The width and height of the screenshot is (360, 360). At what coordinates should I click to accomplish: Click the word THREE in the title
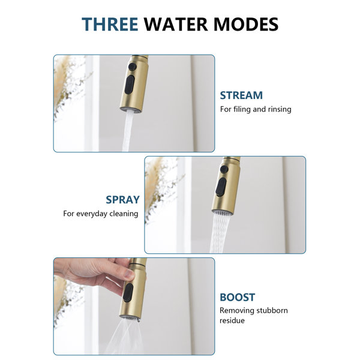coord(110,24)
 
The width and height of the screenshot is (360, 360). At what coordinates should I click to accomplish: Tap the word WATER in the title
coord(176,24)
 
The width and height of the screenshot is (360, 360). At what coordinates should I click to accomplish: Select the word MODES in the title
coord(246,24)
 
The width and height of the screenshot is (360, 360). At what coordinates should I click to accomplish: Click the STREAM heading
coord(241,95)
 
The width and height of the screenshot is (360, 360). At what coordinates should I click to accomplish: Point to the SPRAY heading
coord(122,200)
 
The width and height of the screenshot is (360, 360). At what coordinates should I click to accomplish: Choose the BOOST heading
coord(238,297)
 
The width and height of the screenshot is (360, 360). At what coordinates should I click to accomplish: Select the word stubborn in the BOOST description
coord(272,310)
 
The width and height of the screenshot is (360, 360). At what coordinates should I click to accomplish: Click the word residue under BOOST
coord(232,320)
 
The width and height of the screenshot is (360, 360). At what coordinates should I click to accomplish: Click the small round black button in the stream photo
coord(133,67)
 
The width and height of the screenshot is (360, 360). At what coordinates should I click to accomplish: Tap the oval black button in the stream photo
coord(130,85)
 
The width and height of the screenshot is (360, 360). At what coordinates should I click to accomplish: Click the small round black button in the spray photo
coord(224,169)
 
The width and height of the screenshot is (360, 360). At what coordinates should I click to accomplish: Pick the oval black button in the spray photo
coord(221,187)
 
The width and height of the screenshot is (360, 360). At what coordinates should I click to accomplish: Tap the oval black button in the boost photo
coord(128,293)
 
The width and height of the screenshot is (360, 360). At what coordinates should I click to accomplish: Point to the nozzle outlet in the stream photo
coord(130,110)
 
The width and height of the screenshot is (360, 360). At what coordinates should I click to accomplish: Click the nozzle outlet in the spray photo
coord(222,212)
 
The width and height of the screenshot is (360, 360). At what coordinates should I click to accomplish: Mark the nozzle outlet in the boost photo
coord(130,318)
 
